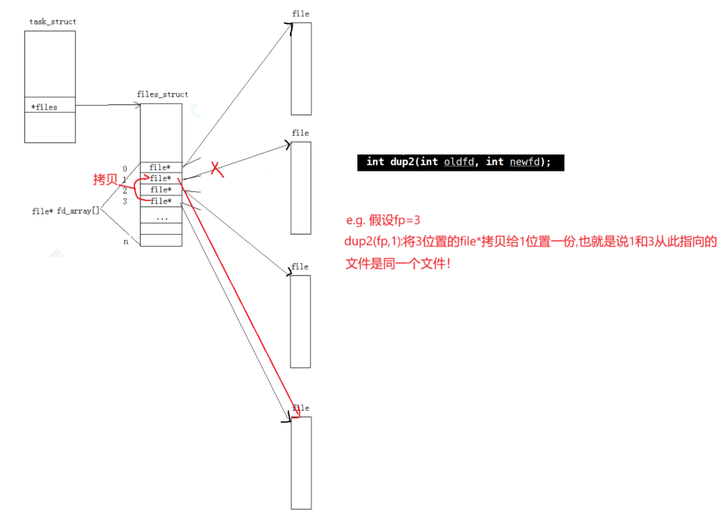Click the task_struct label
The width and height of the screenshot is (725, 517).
pyautogui.click(x=53, y=22)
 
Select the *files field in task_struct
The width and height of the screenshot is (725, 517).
pyautogui.click(x=44, y=107)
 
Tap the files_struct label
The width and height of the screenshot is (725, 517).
pyautogui.click(x=162, y=94)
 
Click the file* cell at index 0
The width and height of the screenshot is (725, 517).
pyautogui.click(x=161, y=167)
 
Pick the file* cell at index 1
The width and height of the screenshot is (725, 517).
pyautogui.click(x=161, y=179)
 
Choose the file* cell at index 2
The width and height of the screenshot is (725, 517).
pyautogui.click(x=161, y=190)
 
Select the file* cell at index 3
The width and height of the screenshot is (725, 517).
pyautogui.click(x=161, y=201)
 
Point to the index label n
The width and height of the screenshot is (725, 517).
pyautogui.click(x=125, y=242)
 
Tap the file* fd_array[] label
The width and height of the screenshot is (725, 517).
pyautogui.click(x=66, y=211)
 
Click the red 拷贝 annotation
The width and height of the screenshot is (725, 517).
pyautogui.click(x=105, y=180)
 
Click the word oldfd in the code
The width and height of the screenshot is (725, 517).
pyautogui.click(x=458, y=162)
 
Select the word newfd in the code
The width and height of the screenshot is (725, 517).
pyautogui.click(x=525, y=162)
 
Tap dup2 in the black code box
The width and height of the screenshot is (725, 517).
pyautogui.click(x=401, y=162)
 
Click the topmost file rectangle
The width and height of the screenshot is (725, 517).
pyautogui.click(x=301, y=68)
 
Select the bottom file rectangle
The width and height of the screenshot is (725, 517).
pyautogui.click(x=301, y=463)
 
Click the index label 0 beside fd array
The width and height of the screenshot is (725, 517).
pyautogui.click(x=125, y=169)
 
